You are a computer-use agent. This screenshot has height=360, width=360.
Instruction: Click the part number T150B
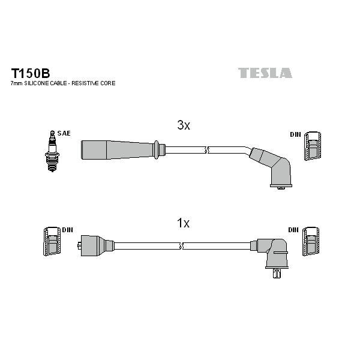(x=31, y=73)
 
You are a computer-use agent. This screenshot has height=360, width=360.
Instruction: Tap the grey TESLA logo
(x=265, y=73)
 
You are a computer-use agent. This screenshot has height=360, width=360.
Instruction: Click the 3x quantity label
(x=184, y=125)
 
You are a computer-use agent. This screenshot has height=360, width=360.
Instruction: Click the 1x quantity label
(x=183, y=223)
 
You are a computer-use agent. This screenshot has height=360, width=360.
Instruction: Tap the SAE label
(x=64, y=133)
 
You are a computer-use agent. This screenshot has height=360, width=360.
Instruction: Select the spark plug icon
(x=52, y=151)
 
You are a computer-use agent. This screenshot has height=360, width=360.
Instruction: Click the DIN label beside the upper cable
(x=295, y=134)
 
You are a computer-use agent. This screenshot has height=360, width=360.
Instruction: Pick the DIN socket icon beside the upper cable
(x=313, y=146)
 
